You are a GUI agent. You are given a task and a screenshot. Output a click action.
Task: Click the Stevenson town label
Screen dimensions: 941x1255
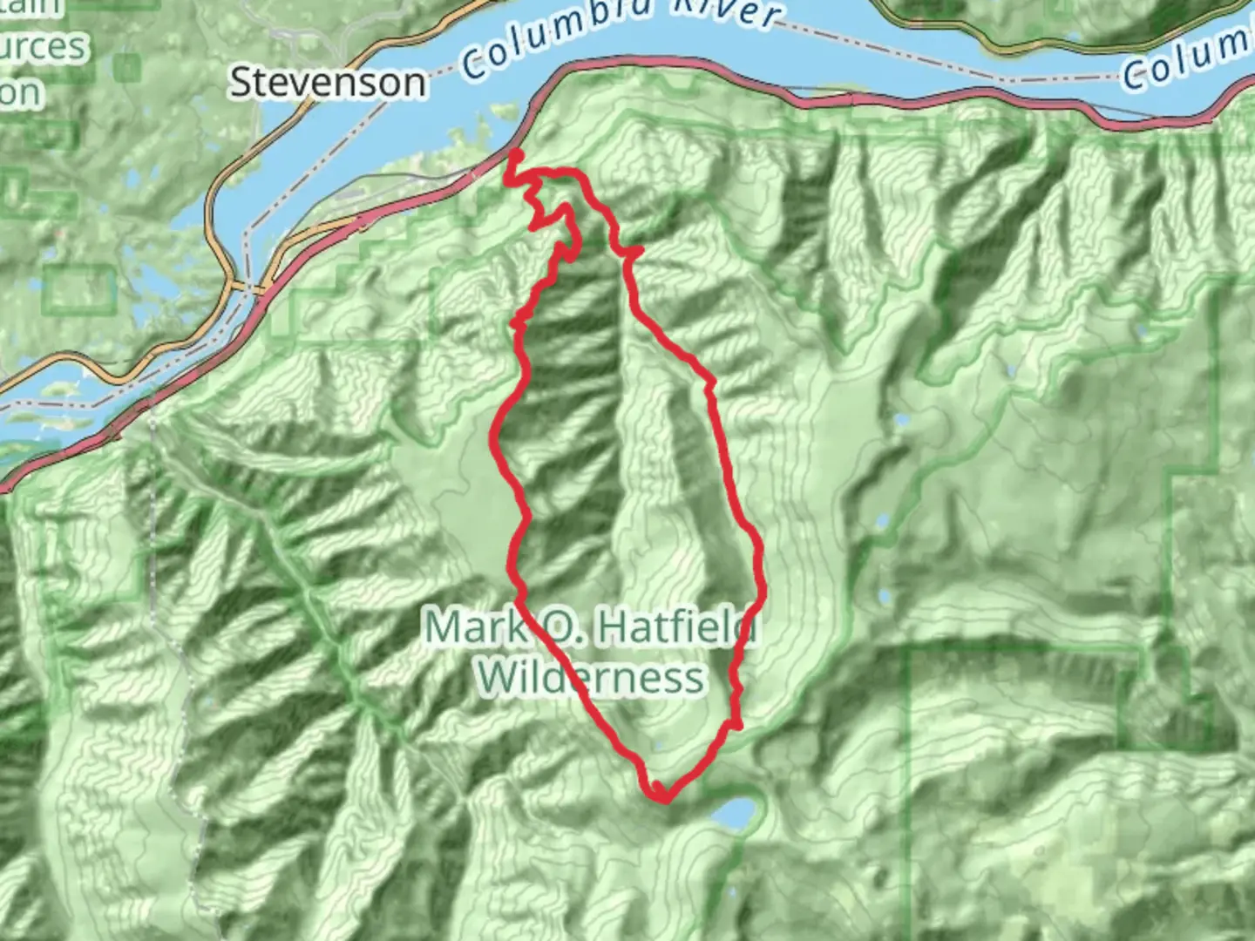328,83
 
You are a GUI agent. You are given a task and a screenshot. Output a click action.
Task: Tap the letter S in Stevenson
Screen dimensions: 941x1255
239,83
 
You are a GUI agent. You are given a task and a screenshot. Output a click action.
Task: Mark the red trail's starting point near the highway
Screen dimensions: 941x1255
515,156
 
